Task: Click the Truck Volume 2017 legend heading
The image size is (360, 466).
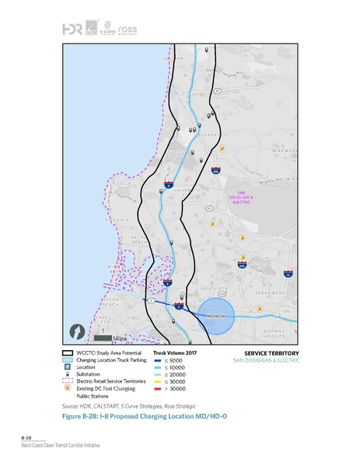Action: point(175,353)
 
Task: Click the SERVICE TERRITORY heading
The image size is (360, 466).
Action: point(264,353)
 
